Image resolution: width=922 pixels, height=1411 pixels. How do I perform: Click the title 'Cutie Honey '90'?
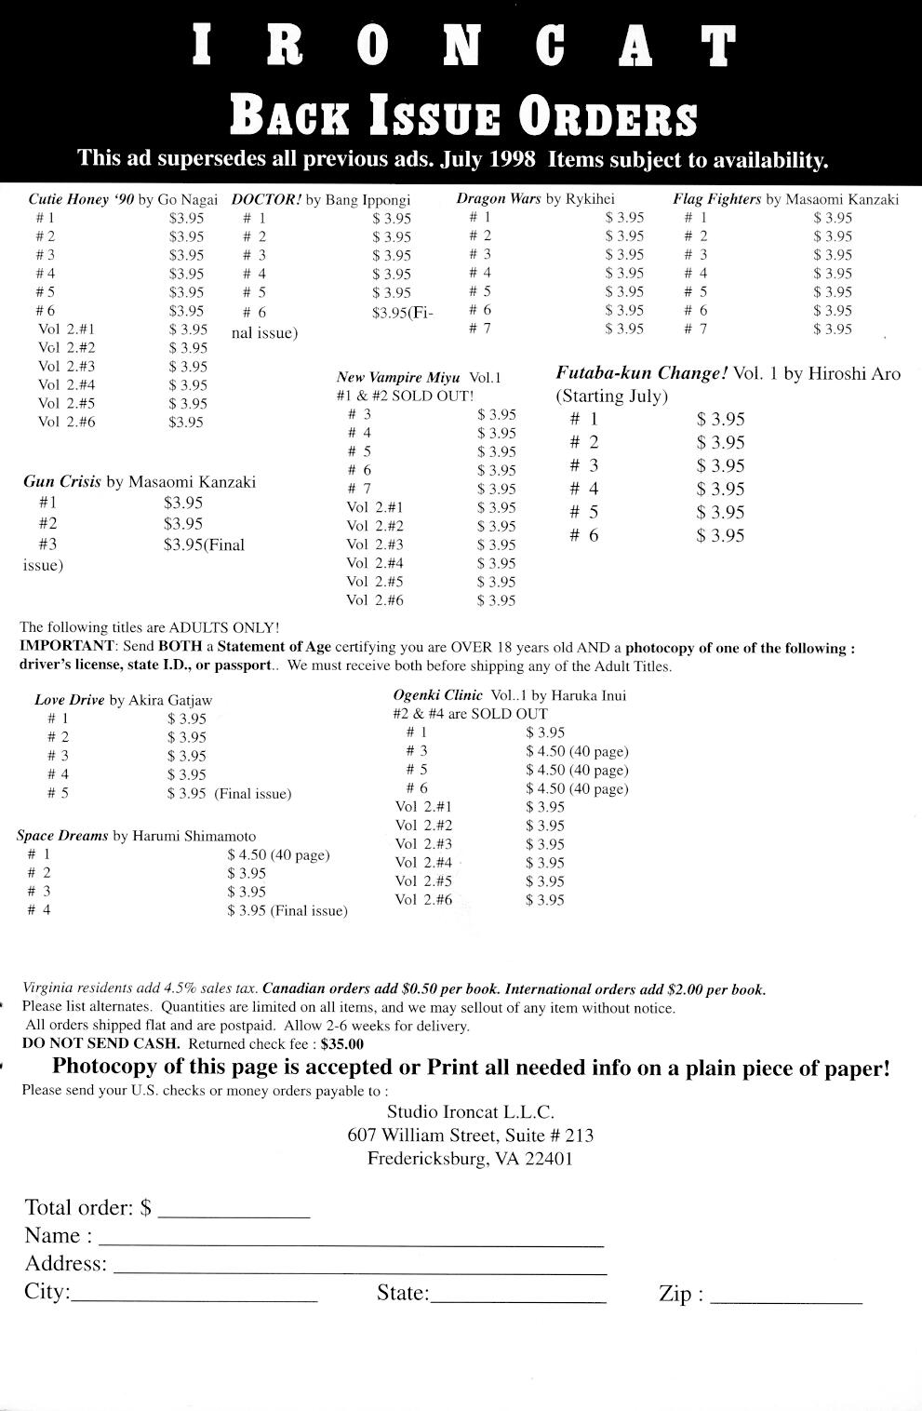(81, 199)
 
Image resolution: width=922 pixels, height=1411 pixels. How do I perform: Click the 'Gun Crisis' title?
(61, 482)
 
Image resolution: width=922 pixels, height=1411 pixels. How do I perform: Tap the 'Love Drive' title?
(70, 700)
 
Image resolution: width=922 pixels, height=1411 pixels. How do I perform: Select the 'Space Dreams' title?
(62, 836)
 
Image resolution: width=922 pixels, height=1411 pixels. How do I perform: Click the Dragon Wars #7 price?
(624, 329)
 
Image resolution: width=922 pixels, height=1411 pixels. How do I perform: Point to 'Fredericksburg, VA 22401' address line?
(470, 1159)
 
